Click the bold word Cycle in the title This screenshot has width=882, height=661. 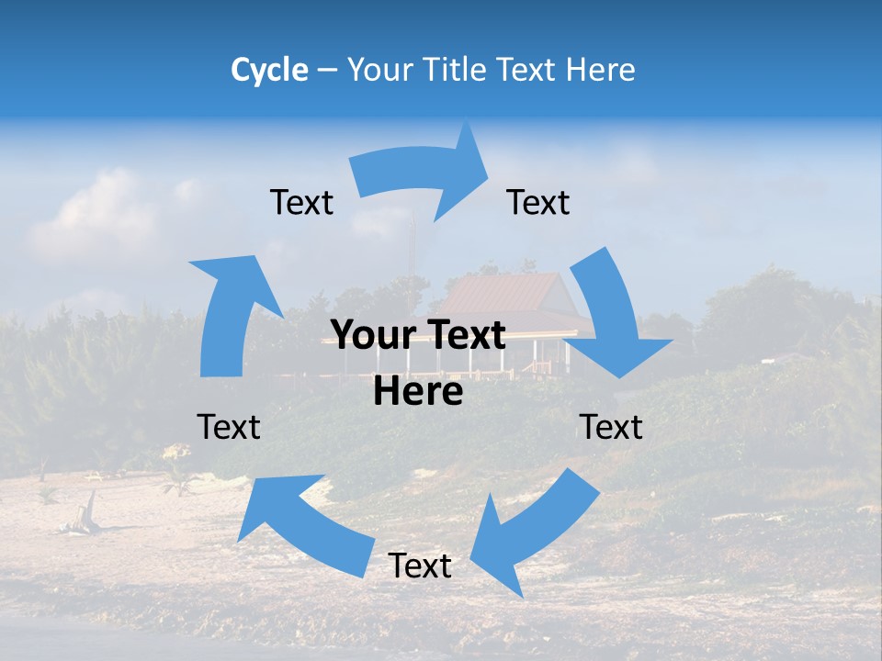269,70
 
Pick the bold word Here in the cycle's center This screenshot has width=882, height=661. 418,392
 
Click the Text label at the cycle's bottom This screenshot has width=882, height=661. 419,566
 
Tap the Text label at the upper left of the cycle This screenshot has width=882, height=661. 301,202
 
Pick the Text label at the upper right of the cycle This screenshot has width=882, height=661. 538,202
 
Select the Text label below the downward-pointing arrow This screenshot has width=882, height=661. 610,427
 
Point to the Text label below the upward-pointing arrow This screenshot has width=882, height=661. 229,427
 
